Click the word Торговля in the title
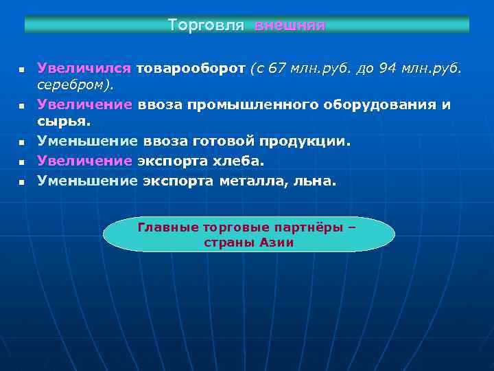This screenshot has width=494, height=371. click(206, 25)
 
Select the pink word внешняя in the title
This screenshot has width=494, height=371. click(290, 25)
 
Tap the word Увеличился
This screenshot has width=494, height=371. click(84, 68)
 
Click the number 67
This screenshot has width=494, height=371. click(277, 68)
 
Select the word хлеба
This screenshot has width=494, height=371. click(239, 160)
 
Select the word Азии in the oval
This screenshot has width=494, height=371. click(277, 243)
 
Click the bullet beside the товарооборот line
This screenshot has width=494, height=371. click(21, 70)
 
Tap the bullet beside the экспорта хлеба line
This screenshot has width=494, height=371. click(21, 162)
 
